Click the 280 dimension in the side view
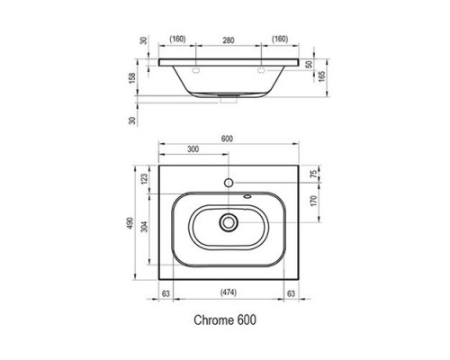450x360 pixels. click(x=228, y=40)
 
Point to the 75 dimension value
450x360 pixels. click(x=315, y=175)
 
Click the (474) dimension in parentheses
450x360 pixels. click(x=229, y=292)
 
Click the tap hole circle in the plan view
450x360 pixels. click(x=229, y=183)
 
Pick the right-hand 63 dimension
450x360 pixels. click(x=290, y=292)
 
